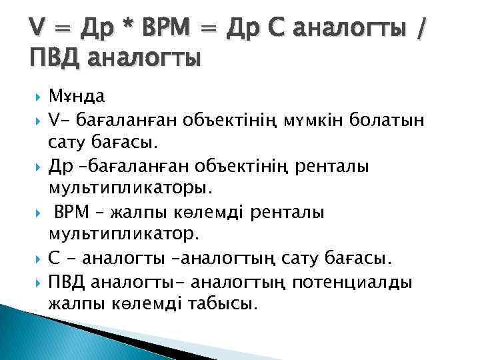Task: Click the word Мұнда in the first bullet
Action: click(x=77, y=96)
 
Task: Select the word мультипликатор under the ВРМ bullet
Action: click(x=124, y=234)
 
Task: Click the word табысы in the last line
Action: click(x=223, y=304)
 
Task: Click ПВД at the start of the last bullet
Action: click(x=67, y=281)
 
